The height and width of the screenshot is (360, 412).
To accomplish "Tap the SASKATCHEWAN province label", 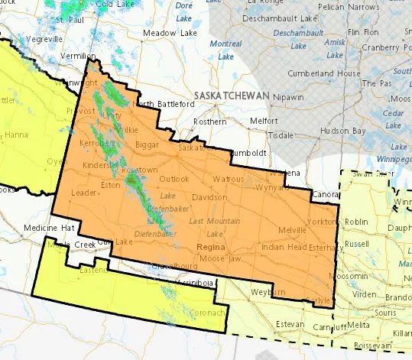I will (x=232, y=95).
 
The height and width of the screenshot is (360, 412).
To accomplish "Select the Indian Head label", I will (x=284, y=248).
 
